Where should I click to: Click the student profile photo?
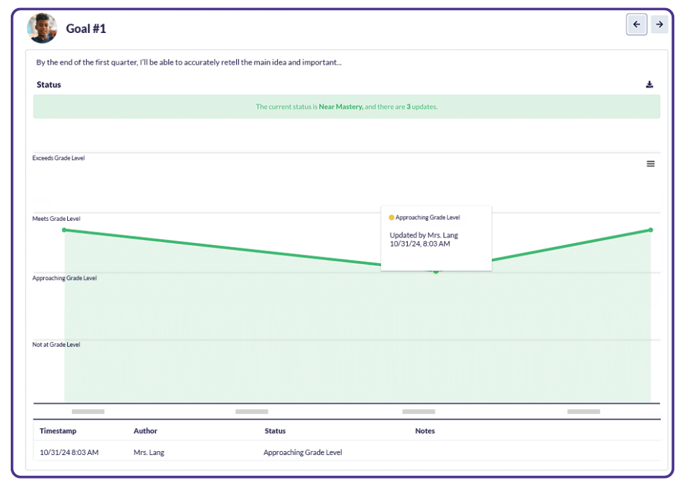[42, 28]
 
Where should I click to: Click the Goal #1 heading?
[85, 28]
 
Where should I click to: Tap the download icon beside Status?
[649, 84]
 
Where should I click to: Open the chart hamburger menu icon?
[651, 164]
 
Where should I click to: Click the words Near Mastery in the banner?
[341, 106]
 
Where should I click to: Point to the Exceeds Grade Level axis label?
[59, 158]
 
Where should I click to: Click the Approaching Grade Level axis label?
[65, 278]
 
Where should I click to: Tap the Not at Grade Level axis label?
[56, 345]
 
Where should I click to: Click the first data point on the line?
[65, 230]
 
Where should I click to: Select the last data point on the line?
[651, 230]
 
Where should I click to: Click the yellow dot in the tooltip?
[392, 217]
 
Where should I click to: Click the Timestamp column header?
[58, 431]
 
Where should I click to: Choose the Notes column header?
[425, 431]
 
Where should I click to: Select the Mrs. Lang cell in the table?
[149, 452]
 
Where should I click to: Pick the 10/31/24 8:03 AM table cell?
[69, 452]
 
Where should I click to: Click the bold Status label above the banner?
[48, 85]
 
